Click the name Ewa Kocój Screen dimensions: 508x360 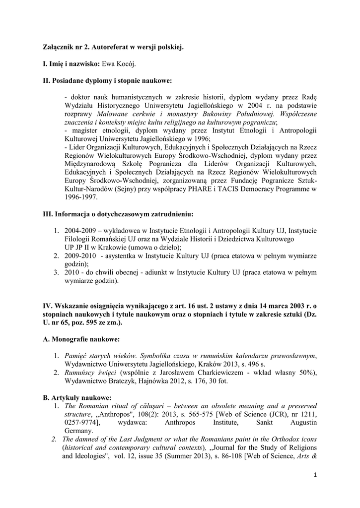pyautogui.click(x=120, y=64)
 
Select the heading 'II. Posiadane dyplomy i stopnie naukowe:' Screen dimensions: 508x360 pyautogui.click(x=107, y=80)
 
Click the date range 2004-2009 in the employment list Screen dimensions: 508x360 pyautogui.click(x=80, y=231)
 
